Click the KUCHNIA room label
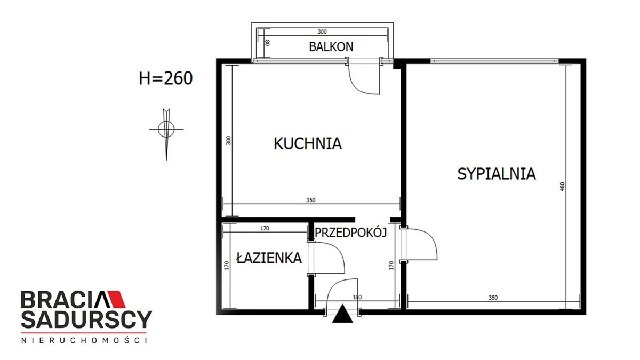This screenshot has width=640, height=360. coord(308,143)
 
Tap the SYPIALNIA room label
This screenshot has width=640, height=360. coord(497,174)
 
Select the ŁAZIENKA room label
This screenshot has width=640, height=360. coord(269,258)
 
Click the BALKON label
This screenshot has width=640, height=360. coord(331,46)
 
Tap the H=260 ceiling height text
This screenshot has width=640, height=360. coord(166,78)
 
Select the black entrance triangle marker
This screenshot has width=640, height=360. coord(342,314)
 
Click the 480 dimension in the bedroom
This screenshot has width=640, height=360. coord(562,187)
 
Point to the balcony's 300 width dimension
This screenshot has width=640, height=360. coord(322,31)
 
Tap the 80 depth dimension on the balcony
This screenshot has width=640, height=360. coord(267,43)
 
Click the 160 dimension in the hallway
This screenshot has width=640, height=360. coord(357,297)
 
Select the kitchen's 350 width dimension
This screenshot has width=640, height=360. coord(311,200)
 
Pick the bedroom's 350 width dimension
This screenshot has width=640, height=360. coord(493,298)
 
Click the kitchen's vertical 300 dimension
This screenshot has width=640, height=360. coord(229,140)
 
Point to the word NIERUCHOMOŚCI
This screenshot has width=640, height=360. coord(85,340)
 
